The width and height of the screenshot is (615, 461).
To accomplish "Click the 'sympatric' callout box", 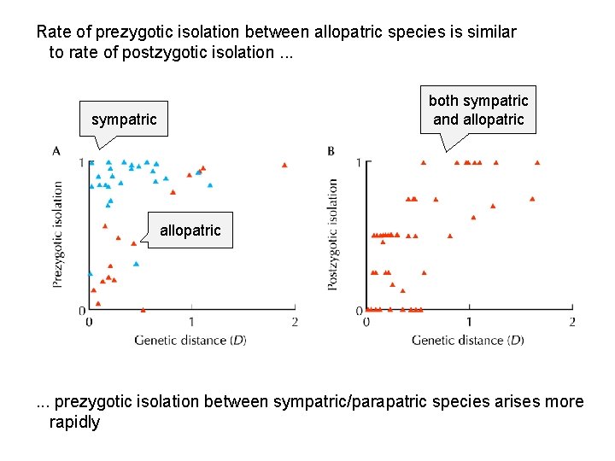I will pyautogui.click(x=124, y=120).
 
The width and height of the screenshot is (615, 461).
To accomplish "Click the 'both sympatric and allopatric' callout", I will pyautogui.click(x=478, y=110).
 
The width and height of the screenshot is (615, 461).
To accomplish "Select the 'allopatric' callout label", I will pyautogui.click(x=190, y=230).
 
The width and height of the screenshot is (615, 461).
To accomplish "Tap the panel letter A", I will pyautogui.click(x=56, y=151).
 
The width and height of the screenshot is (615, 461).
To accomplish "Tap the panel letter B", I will pyautogui.click(x=331, y=151).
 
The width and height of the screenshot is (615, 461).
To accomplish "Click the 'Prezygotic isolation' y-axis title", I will pyautogui.click(x=57, y=233).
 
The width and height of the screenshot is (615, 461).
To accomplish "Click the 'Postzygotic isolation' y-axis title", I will pyautogui.click(x=332, y=233).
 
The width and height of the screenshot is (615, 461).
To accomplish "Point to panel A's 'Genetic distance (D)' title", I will pyautogui.click(x=190, y=340).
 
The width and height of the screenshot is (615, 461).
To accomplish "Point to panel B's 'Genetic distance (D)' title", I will pyautogui.click(x=467, y=340).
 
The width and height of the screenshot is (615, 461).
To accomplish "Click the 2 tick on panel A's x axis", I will pyautogui.click(x=294, y=322).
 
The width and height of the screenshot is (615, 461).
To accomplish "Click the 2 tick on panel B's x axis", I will pyautogui.click(x=571, y=322).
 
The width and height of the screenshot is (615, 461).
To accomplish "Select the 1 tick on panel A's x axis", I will pyautogui.click(x=191, y=322).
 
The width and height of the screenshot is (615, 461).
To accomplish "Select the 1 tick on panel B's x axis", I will pyautogui.click(x=468, y=322).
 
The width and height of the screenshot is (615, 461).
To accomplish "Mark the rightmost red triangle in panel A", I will pyautogui.click(x=284, y=165).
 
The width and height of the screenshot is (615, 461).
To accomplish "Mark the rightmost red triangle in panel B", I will pyautogui.click(x=537, y=161).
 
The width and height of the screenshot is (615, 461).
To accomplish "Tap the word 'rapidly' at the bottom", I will pyautogui.click(x=74, y=422).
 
